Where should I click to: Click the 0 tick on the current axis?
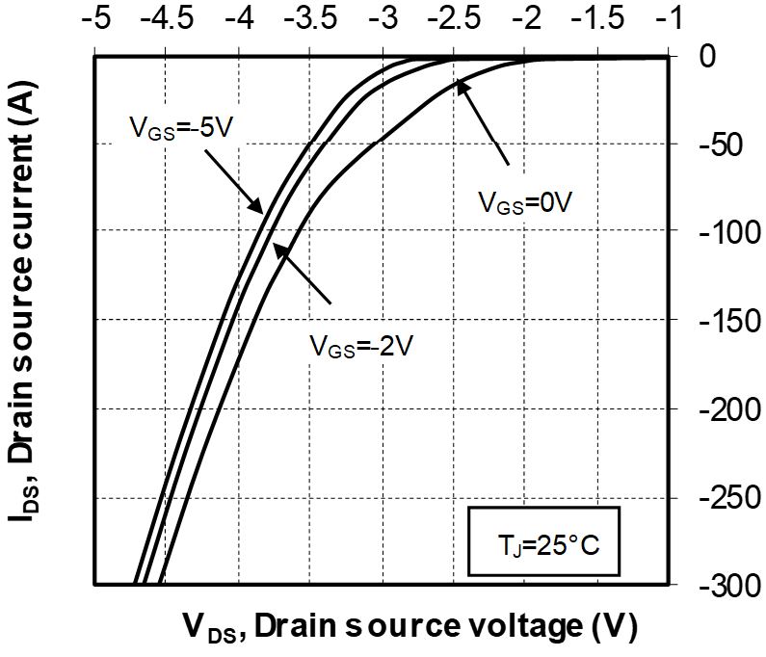(706, 56)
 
